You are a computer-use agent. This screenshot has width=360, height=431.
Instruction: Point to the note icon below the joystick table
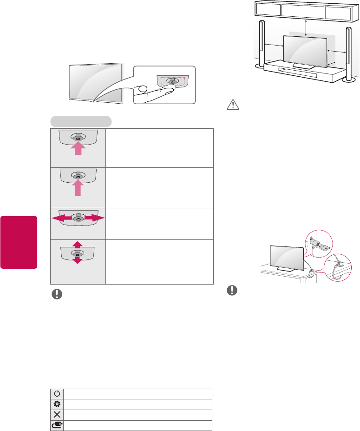57,295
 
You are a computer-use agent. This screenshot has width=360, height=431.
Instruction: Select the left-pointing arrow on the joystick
57,218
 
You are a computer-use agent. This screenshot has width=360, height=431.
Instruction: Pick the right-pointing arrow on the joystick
98,218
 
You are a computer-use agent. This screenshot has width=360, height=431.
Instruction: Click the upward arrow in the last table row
78,244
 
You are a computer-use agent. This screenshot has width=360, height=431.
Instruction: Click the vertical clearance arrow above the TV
305,28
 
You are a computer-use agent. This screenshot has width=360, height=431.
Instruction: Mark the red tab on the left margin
19,242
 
